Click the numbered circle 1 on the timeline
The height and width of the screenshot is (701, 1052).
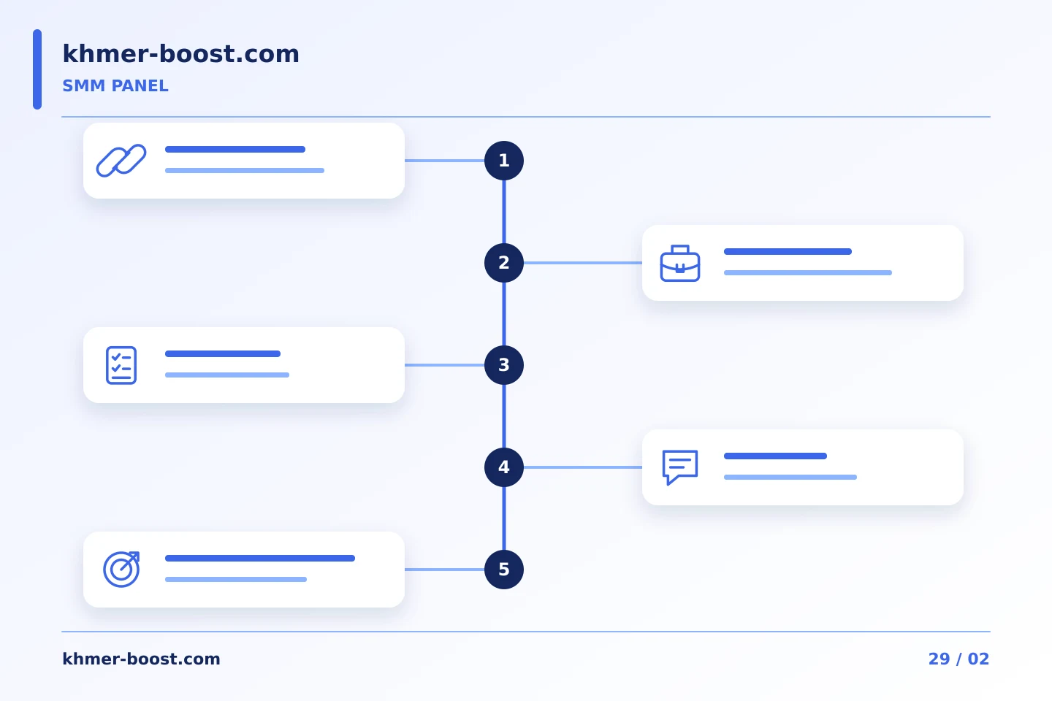pyautogui.click(x=504, y=161)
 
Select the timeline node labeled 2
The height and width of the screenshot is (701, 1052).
pyautogui.click(x=504, y=263)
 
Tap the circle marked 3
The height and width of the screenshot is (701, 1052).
pyautogui.click(x=504, y=365)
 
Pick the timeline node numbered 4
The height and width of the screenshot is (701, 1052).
pyautogui.click(x=504, y=467)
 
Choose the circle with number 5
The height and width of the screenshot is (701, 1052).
pyautogui.click(x=504, y=570)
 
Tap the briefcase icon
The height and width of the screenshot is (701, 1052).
pyautogui.click(x=680, y=264)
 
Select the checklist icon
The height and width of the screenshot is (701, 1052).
pyautogui.click(x=121, y=365)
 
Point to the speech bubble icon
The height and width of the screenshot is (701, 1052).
pyautogui.click(x=680, y=467)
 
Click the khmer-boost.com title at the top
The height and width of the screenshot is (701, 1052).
pyautogui.click(x=181, y=53)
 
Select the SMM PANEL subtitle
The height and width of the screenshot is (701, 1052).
pyautogui.click(x=115, y=86)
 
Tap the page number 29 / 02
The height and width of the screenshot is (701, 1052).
pyautogui.click(x=958, y=659)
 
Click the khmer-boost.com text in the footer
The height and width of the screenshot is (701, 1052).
pyautogui.click(x=141, y=659)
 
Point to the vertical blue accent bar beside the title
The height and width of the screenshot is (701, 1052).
pyautogui.click(x=37, y=69)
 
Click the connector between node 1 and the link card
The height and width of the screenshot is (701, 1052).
pyautogui.click(x=444, y=161)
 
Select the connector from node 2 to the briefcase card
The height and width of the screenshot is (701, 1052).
pyautogui.click(x=583, y=263)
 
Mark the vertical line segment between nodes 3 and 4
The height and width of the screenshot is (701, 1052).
pyautogui.click(x=504, y=416)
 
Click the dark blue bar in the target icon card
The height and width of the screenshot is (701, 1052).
pyautogui.click(x=260, y=559)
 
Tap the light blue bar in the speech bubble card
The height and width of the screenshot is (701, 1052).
pyautogui.click(x=790, y=477)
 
